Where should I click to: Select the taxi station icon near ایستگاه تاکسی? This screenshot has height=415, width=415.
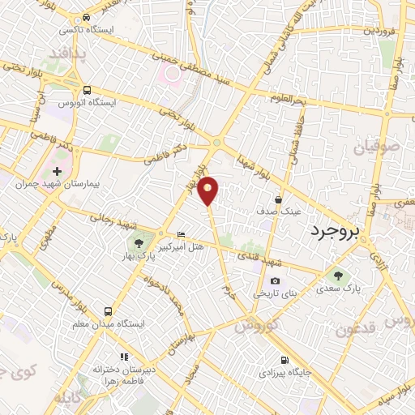[86, 17]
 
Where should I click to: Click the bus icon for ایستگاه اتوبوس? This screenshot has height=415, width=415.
[86, 90]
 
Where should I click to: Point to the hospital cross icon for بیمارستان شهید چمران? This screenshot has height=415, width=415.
[57, 172]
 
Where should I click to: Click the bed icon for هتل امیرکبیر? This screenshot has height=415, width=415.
[180, 233]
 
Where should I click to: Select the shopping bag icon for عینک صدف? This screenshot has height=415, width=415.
[278, 199]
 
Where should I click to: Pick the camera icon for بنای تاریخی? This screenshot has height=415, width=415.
[275, 280]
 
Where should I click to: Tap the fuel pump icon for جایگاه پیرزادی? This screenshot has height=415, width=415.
[284, 361]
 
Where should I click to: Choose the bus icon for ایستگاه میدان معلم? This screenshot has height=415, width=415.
[108, 311]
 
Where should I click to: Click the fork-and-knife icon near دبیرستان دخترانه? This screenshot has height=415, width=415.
[123, 357]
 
